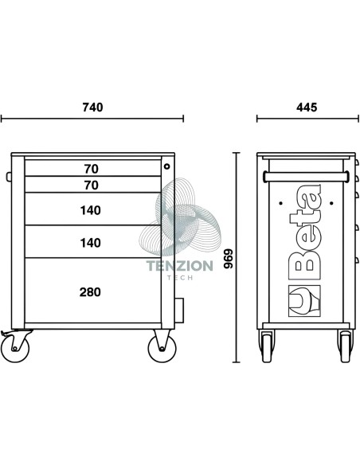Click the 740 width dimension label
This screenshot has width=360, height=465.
click(93, 107)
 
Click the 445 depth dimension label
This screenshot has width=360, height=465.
click(307, 107)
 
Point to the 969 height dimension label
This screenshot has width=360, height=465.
click(229, 259)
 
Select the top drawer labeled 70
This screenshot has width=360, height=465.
click(93, 168)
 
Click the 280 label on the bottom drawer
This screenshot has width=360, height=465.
click(90, 292)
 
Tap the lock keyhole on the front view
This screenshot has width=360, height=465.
click(167, 166)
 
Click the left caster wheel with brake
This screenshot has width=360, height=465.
click(15, 348)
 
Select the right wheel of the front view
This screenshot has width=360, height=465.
click(162, 348)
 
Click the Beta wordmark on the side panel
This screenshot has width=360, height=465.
click(305, 232)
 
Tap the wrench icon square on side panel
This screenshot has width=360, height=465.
click(304, 301)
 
